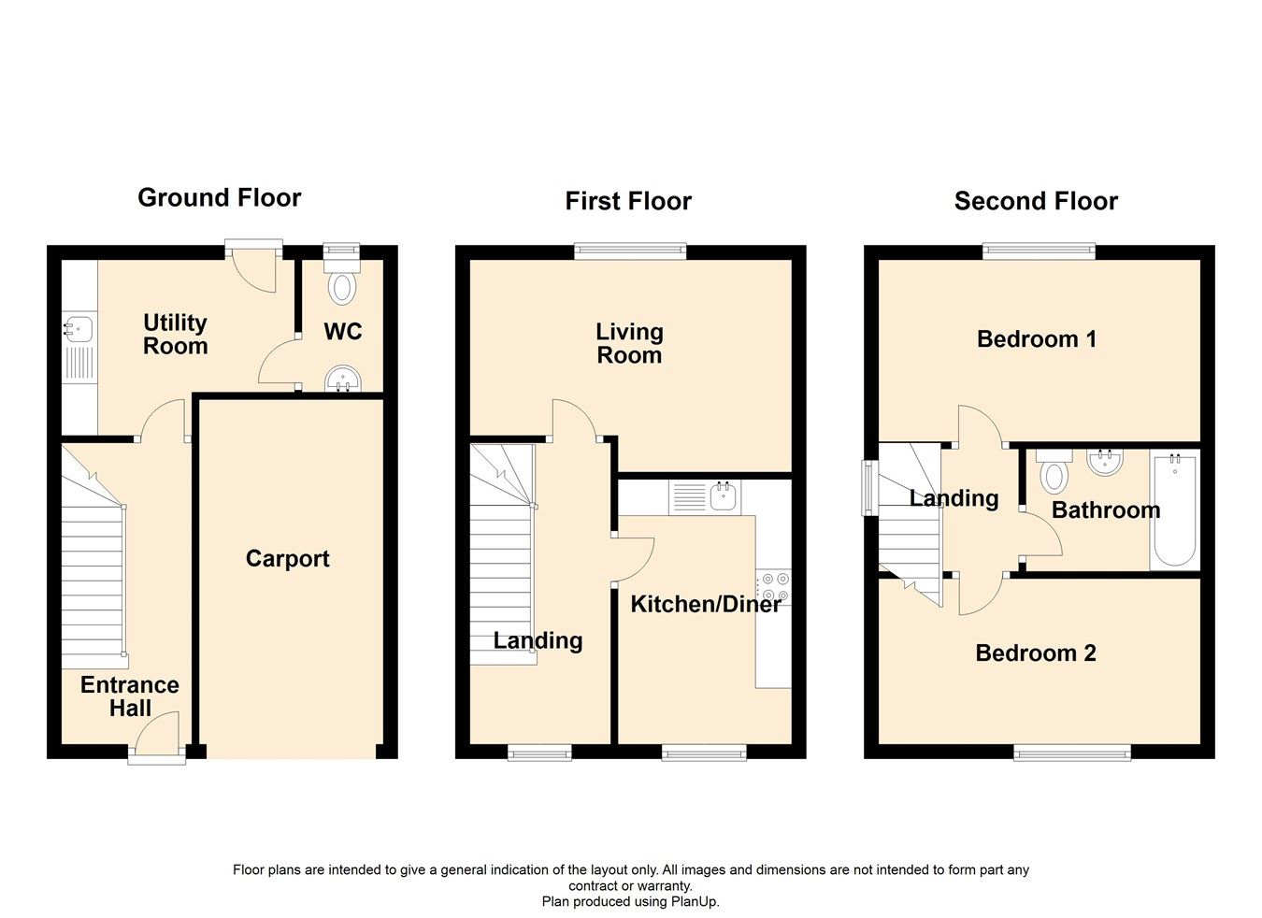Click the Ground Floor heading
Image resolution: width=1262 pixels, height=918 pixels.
pyautogui.click(x=220, y=198)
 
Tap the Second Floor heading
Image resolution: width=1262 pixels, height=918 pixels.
pyautogui.click(x=1036, y=201)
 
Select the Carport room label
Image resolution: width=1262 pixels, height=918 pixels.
pyautogui.click(x=287, y=559)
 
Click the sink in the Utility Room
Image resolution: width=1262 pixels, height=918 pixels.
pyautogui.click(x=78, y=329)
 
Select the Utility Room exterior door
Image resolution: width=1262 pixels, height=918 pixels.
pyautogui.click(x=253, y=266)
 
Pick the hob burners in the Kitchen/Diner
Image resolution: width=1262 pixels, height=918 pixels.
pyautogui.click(x=775, y=586)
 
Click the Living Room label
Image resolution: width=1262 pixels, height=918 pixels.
pyautogui.click(x=629, y=343)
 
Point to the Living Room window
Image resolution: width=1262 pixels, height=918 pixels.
pyautogui.click(x=630, y=250)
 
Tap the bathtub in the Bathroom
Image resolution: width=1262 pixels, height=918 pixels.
pyautogui.click(x=1174, y=510)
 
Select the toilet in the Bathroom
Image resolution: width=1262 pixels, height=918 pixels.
pyautogui.click(x=1054, y=472)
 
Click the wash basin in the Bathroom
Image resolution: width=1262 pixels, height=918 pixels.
pyautogui.click(x=1105, y=463)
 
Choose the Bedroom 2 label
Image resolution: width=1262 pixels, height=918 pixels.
pyautogui.click(x=1036, y=653)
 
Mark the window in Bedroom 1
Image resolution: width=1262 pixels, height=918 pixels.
pyautogui.click(x=1039, y=250)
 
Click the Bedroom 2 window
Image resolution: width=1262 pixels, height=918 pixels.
pyautogui.click(x=1072, y=753)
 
